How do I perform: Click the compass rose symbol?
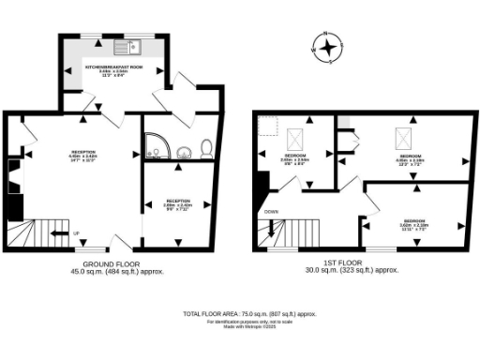point(327,49)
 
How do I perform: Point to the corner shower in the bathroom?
point(154,144)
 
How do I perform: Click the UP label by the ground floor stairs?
point(75,233)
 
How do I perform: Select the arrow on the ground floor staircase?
point(58,233)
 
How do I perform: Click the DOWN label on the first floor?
point(272,212)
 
